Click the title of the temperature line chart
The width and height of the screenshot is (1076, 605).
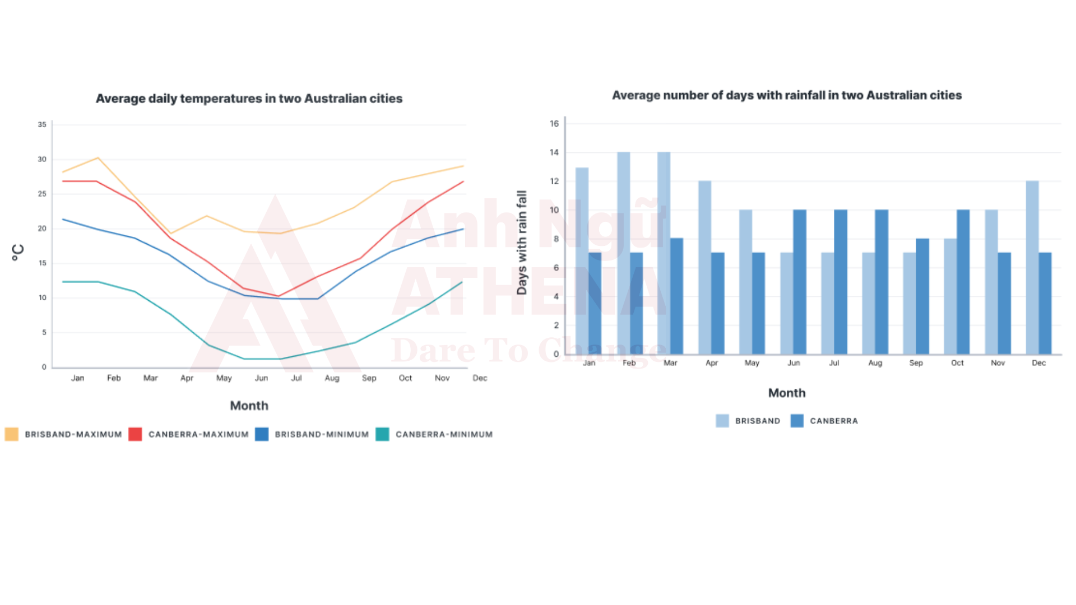click(249, 99)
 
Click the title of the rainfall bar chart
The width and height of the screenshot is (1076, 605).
click(786, 95)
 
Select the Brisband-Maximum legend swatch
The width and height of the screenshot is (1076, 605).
click(11, 434)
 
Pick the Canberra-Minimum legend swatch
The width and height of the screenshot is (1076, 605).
click(382, 434)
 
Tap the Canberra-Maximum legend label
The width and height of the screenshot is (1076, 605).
click(198, 434)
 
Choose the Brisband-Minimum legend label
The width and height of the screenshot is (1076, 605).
click(322, 434)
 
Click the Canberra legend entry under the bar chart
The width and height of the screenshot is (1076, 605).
click(833, 421)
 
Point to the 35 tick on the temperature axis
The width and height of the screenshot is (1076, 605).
click(42, 124)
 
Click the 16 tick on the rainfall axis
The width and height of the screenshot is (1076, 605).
click(554, 123)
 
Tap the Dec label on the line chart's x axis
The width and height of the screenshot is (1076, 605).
click(480, 378)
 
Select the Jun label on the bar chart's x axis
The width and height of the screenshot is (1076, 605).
click(794, 363)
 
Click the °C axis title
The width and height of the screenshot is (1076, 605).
click(18, 252)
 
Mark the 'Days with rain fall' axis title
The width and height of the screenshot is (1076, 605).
click(522, 242)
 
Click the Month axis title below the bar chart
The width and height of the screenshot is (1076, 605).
click(786, 393)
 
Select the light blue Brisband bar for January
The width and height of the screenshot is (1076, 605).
click(582, 260)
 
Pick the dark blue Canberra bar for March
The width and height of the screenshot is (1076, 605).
click(676, 296)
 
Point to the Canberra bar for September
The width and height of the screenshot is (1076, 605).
click(922, 296)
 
